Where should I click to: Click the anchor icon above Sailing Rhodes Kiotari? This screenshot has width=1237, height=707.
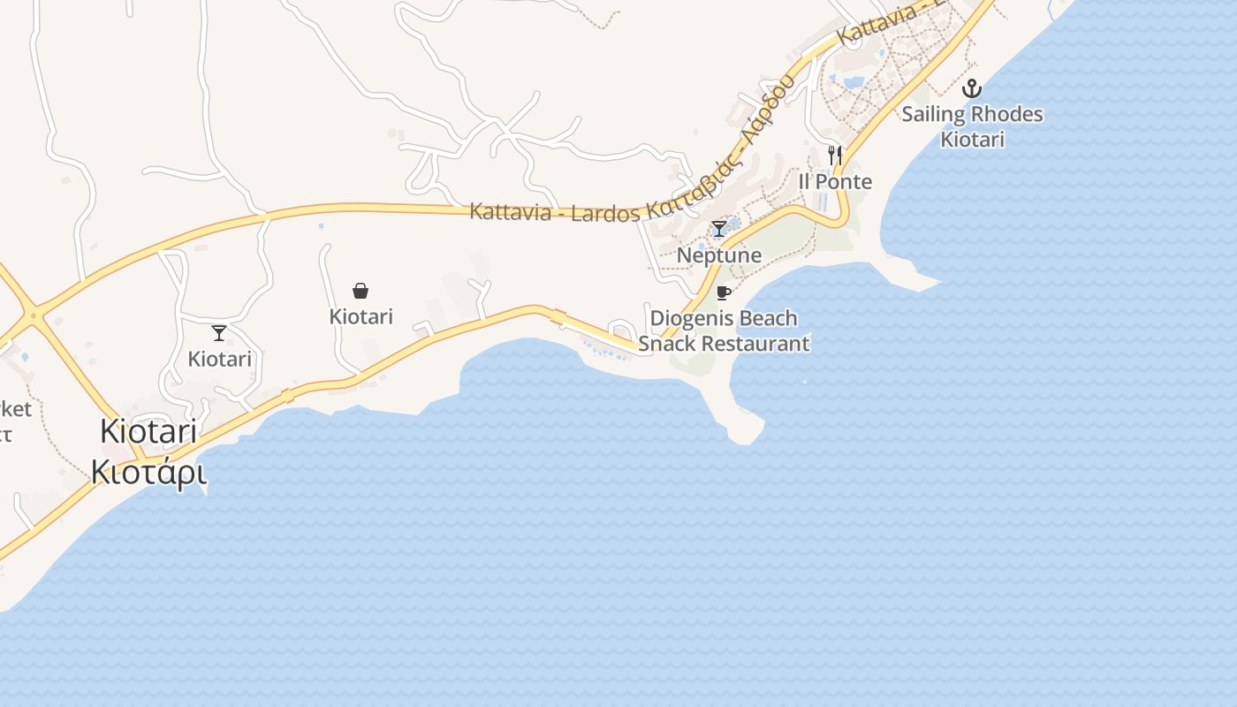(972, 88)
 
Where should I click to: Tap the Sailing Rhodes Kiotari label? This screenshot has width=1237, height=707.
(972, 126)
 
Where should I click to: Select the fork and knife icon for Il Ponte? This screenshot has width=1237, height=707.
(835, 156)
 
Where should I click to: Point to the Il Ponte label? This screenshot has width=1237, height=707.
(835, 182)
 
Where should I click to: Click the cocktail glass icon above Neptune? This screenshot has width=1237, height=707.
(719, 230)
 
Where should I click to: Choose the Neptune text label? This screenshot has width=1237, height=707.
(719, 255)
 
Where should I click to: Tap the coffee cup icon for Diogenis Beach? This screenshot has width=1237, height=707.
(724, 293)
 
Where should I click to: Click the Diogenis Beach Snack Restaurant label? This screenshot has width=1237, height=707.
(724, 331)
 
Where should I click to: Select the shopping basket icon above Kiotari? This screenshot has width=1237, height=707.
(360, 291)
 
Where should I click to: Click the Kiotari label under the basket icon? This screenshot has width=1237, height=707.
(360, 316)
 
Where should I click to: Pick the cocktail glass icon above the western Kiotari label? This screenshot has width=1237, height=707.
(219, 333)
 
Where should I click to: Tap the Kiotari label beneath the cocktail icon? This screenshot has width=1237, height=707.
(219, 360)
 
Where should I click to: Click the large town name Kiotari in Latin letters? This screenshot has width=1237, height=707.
(148, 432)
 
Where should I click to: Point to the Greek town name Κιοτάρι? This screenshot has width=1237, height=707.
(148, 473)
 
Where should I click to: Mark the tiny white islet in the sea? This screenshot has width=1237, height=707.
(804, 382)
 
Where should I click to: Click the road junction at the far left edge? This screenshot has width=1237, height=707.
(34, 315)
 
